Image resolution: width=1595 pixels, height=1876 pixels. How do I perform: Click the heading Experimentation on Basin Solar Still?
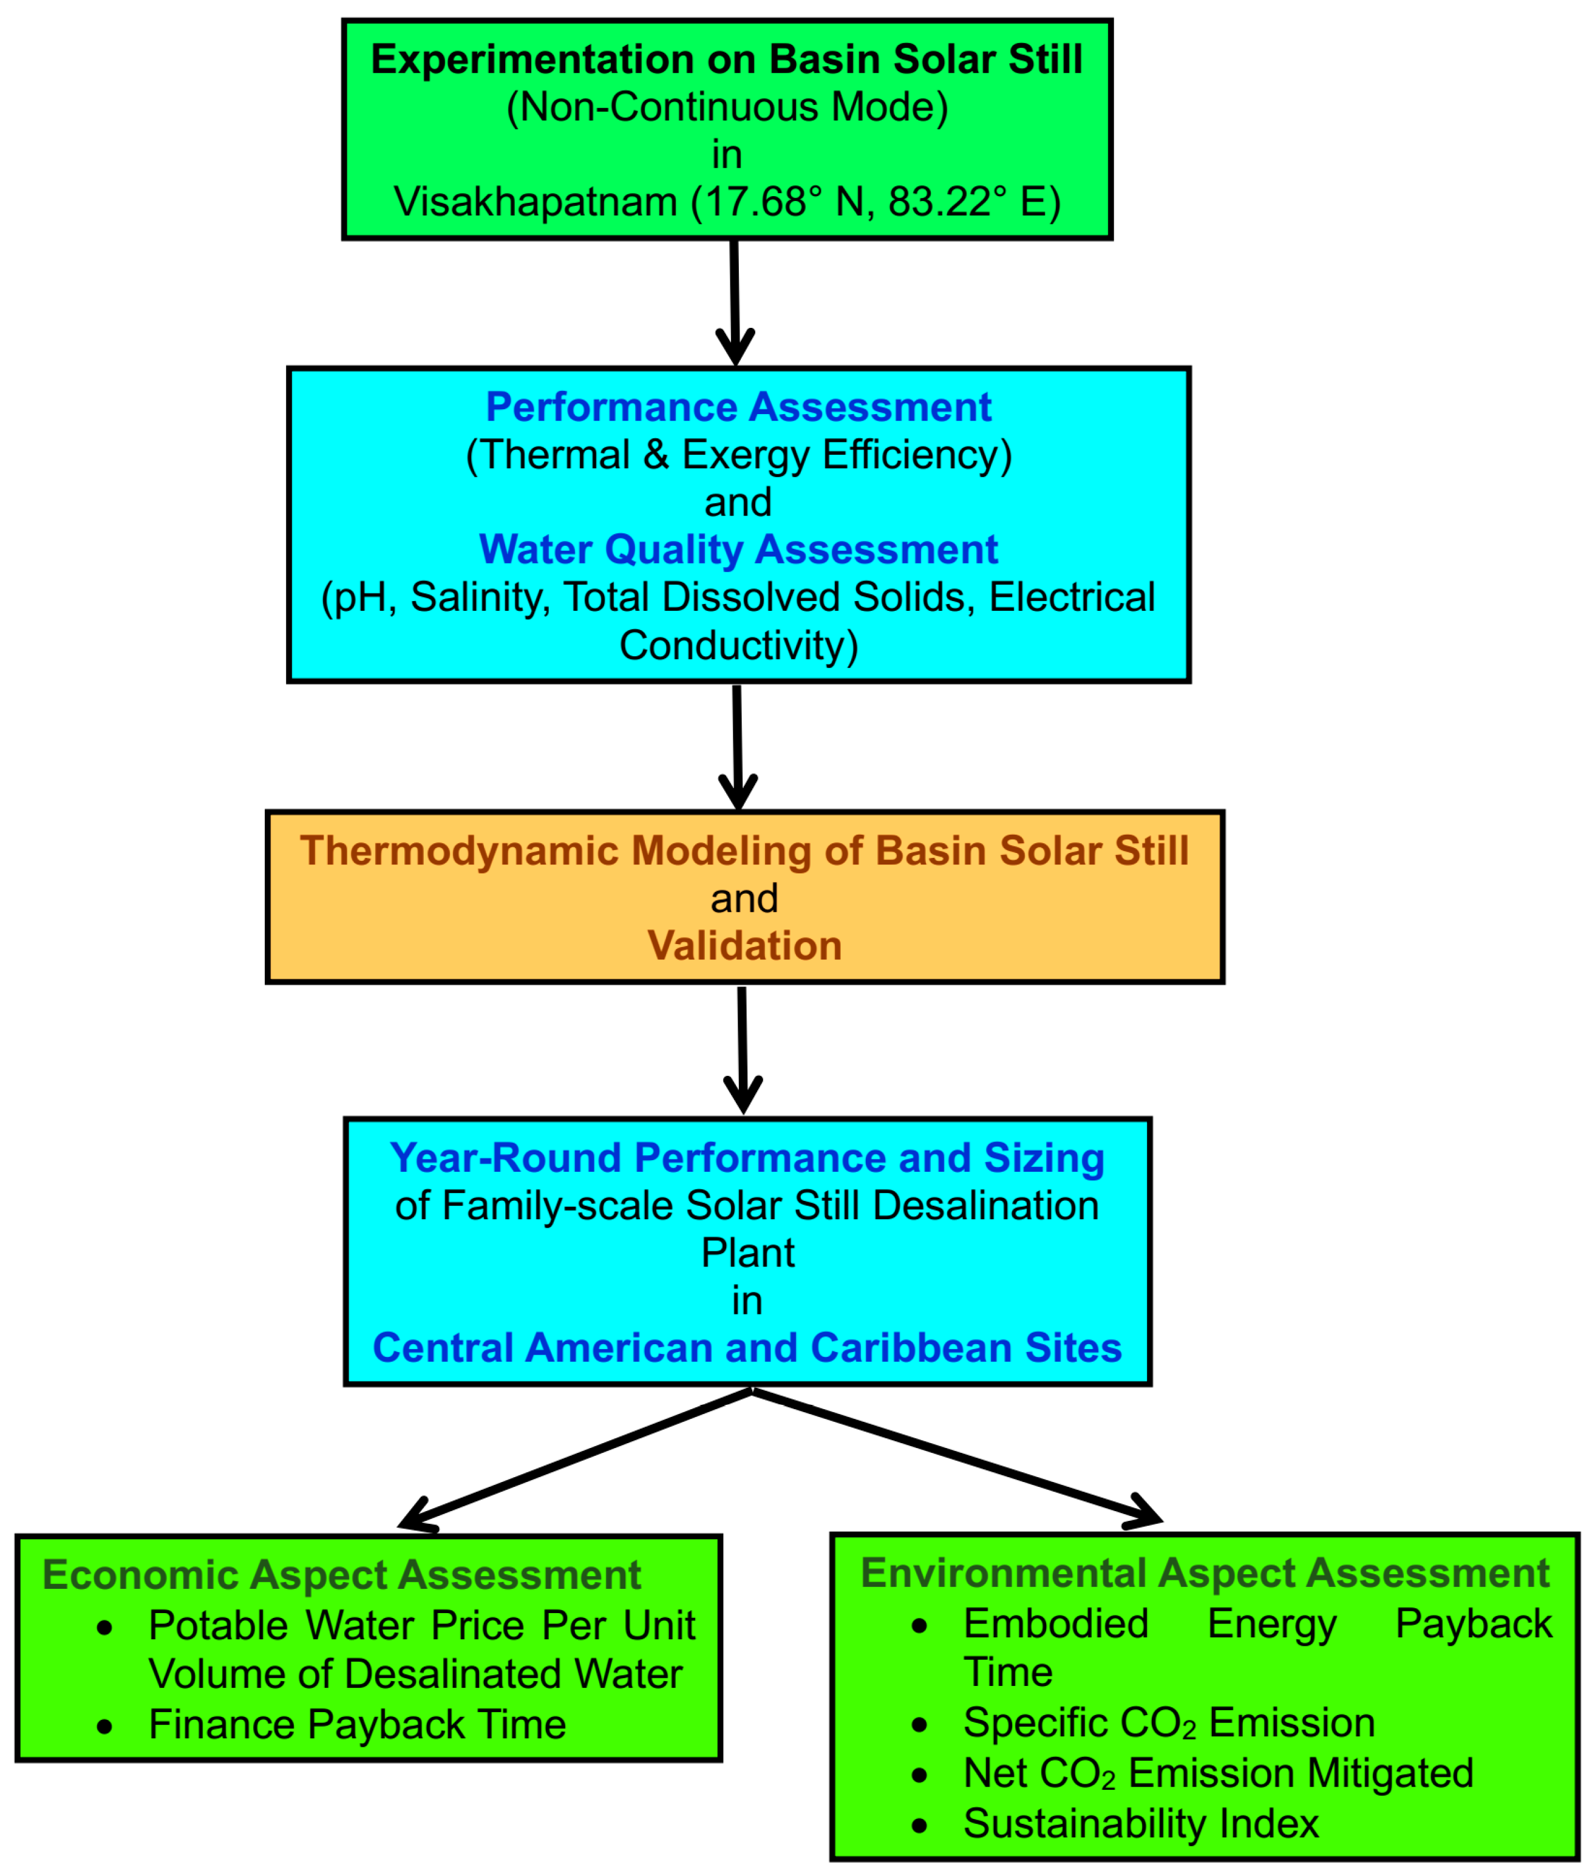pos(726,59)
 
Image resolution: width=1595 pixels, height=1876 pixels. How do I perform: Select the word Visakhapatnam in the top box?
pos(536,202)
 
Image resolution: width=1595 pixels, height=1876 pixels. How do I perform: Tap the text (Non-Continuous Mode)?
pos(726,107)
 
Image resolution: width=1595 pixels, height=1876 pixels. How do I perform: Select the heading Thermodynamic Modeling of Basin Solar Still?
pos(744,851)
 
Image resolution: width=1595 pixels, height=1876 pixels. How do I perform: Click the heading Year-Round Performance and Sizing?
pos(747,1158)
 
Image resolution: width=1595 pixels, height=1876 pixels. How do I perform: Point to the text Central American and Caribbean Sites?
pos(747,1348)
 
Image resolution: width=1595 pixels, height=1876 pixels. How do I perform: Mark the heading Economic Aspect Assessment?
pos(342,1575)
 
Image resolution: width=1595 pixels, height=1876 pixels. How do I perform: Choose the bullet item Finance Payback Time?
pos(357,1725)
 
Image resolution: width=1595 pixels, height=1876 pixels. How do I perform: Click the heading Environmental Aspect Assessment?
pos(1205,1573)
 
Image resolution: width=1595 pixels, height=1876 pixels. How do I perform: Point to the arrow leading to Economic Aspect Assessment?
pos(579,1459)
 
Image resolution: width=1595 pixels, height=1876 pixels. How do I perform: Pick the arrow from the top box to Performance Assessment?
pos(734,303)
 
